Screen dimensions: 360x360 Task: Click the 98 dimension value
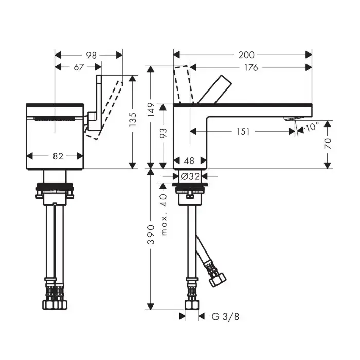92,56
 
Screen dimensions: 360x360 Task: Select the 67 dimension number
79,67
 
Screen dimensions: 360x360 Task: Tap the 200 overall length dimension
246,55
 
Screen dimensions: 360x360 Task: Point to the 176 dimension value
251,68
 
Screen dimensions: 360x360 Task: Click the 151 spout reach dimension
243,132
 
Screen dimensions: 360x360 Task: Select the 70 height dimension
328,143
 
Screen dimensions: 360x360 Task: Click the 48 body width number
189,160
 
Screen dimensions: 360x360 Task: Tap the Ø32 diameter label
190,176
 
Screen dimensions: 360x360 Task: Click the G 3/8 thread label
225,317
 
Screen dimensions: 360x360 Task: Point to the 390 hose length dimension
151,235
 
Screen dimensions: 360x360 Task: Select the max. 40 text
164,214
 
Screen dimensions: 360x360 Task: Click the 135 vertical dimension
133,119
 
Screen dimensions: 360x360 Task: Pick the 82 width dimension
58,156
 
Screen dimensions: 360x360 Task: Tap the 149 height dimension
151,110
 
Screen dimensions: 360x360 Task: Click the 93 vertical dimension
163,133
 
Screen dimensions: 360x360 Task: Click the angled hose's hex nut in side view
217,279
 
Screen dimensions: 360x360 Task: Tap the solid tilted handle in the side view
214,89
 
